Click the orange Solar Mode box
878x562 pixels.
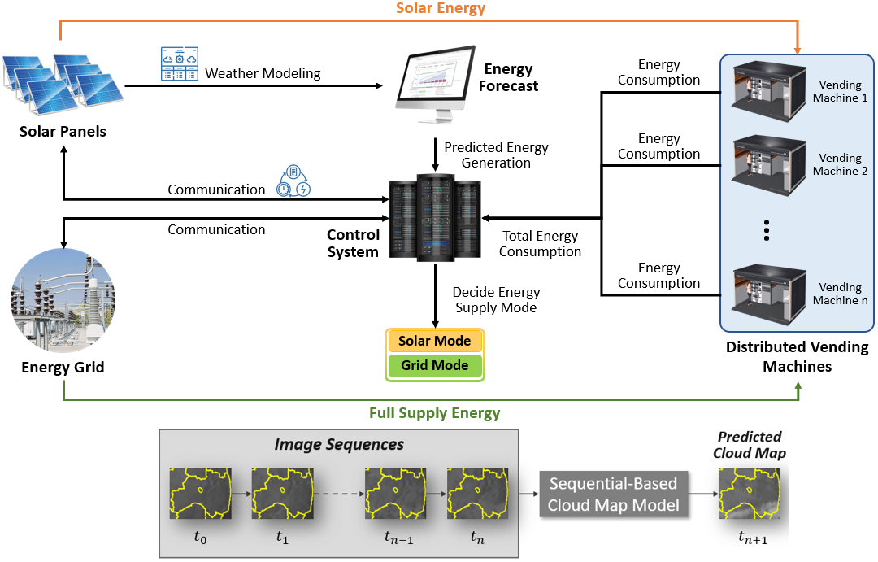tap(435, 341)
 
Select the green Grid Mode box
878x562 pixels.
tap(435, 366)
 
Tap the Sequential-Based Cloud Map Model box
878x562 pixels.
tap(614, 494)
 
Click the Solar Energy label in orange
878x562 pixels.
tap(441, 9)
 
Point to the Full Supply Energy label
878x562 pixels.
tap(435, 412)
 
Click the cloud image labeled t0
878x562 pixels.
tap(195, 494)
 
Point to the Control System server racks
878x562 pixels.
tap(434, 215)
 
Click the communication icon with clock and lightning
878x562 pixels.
tap(293, 181)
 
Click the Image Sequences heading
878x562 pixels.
tap(339, 444)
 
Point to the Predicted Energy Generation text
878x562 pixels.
tap(496, 155)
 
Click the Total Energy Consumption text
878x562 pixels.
tap(540, 243)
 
